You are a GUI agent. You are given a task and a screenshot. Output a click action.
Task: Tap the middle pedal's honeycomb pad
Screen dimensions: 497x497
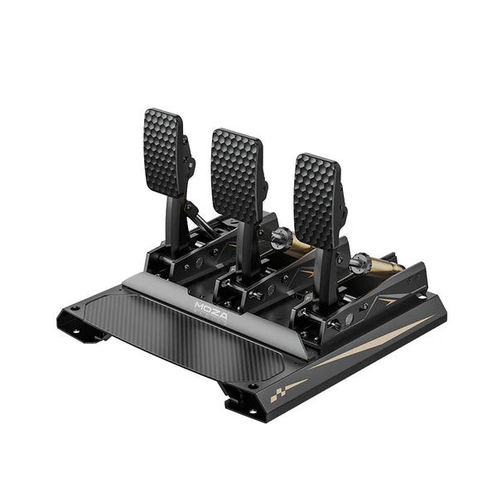point(235,174)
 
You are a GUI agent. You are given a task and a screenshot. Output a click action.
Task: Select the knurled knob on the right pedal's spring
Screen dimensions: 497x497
point(358,265)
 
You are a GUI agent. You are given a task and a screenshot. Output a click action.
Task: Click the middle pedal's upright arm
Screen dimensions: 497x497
point(247,248)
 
